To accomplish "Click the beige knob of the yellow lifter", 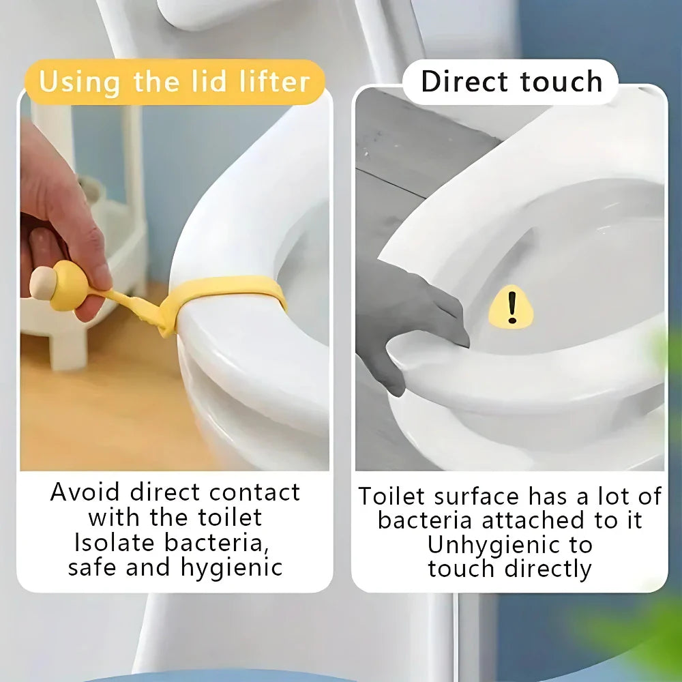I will click(42, 282).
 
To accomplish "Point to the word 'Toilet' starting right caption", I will click(392, 496).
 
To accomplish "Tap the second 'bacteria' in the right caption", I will click(425, 520).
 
